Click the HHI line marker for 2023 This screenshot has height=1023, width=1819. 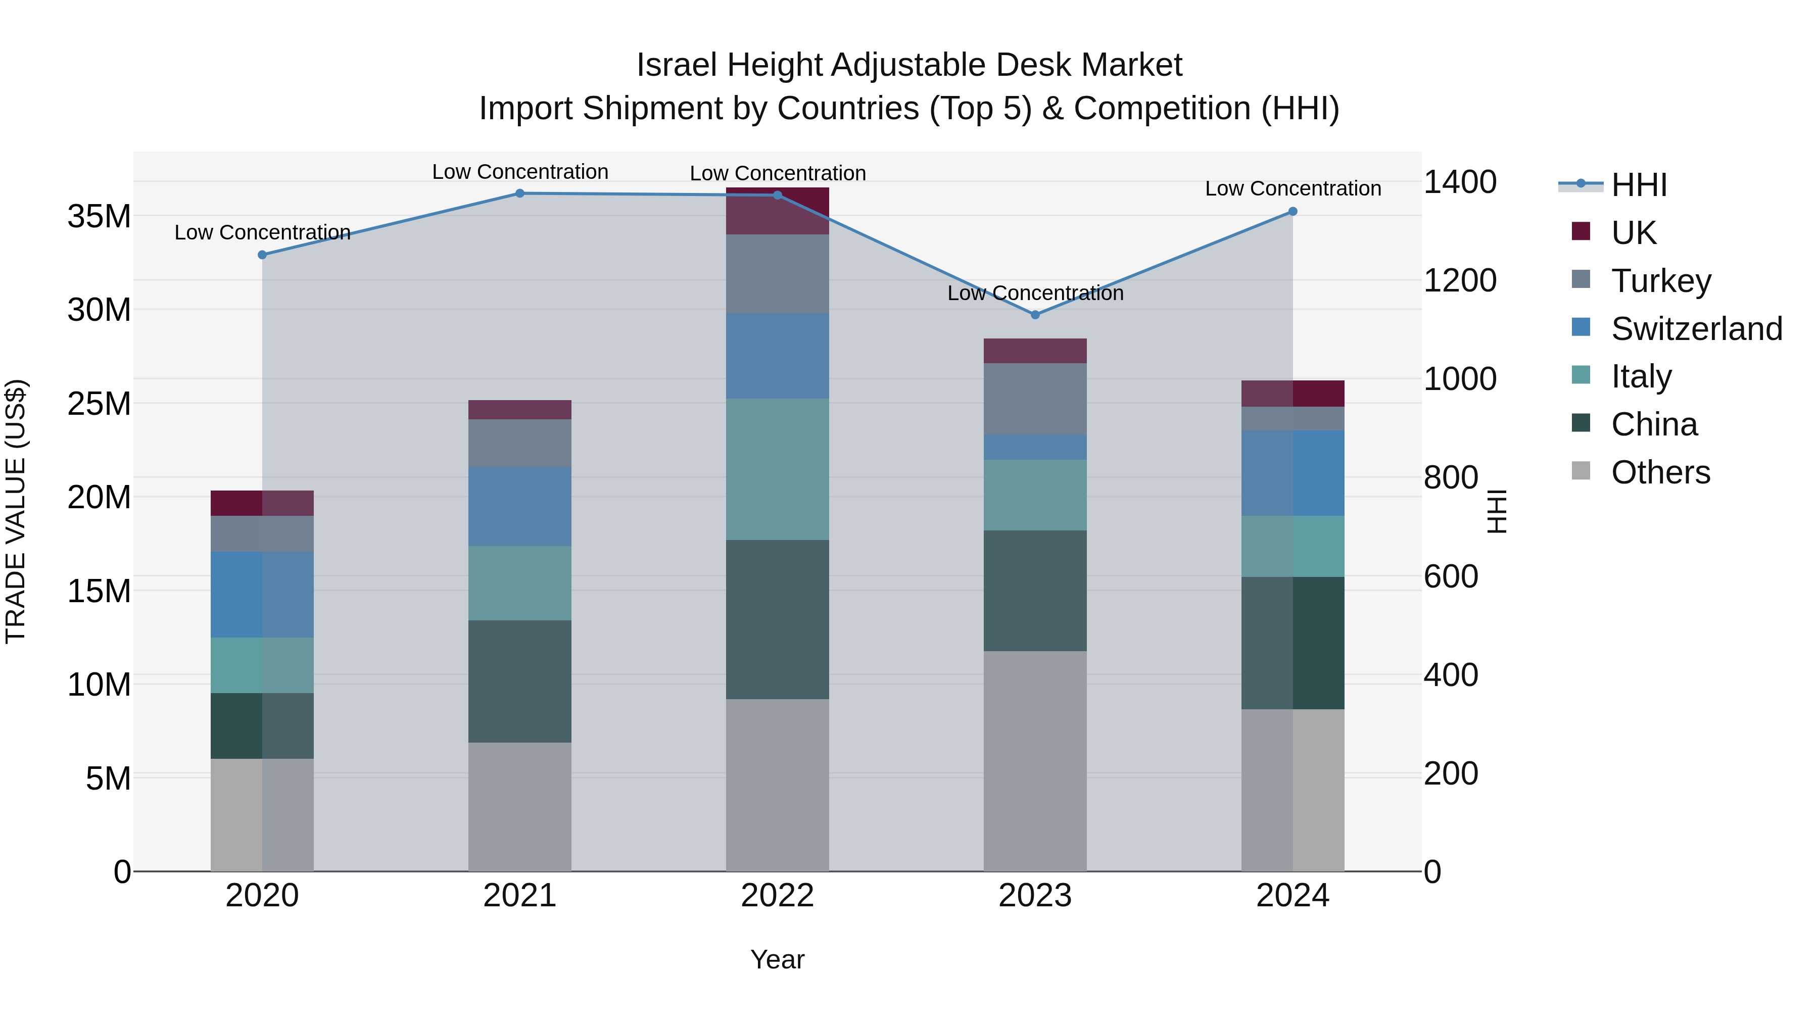tap(1035, 315)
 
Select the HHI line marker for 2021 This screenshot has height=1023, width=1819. tap(520, 193)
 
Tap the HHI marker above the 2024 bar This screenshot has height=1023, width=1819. tap(1293, 211)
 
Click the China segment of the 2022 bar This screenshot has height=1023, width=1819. tap(778, 620)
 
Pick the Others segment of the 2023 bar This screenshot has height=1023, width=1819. tap(1035, 761)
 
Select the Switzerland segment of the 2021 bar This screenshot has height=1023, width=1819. tap(520, 507)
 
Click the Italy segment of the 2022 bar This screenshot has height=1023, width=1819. tap(778, 469)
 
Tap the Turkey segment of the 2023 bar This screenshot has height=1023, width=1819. tap(1035, 399)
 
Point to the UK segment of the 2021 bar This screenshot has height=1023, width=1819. tap(520, 410)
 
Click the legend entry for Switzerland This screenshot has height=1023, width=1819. tap(1696, 329)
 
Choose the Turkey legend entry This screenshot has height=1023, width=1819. tap(1661, 281)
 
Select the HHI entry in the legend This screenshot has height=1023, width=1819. tap(1638, 185)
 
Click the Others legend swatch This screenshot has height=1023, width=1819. tap(1581, 471)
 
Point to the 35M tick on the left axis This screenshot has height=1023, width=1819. tap(99, 216)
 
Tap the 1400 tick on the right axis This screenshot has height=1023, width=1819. tap(1460, 182)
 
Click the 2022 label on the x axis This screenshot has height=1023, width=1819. tap(778, 896)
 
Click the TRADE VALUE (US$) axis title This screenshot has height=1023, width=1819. tap(16, 511)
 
